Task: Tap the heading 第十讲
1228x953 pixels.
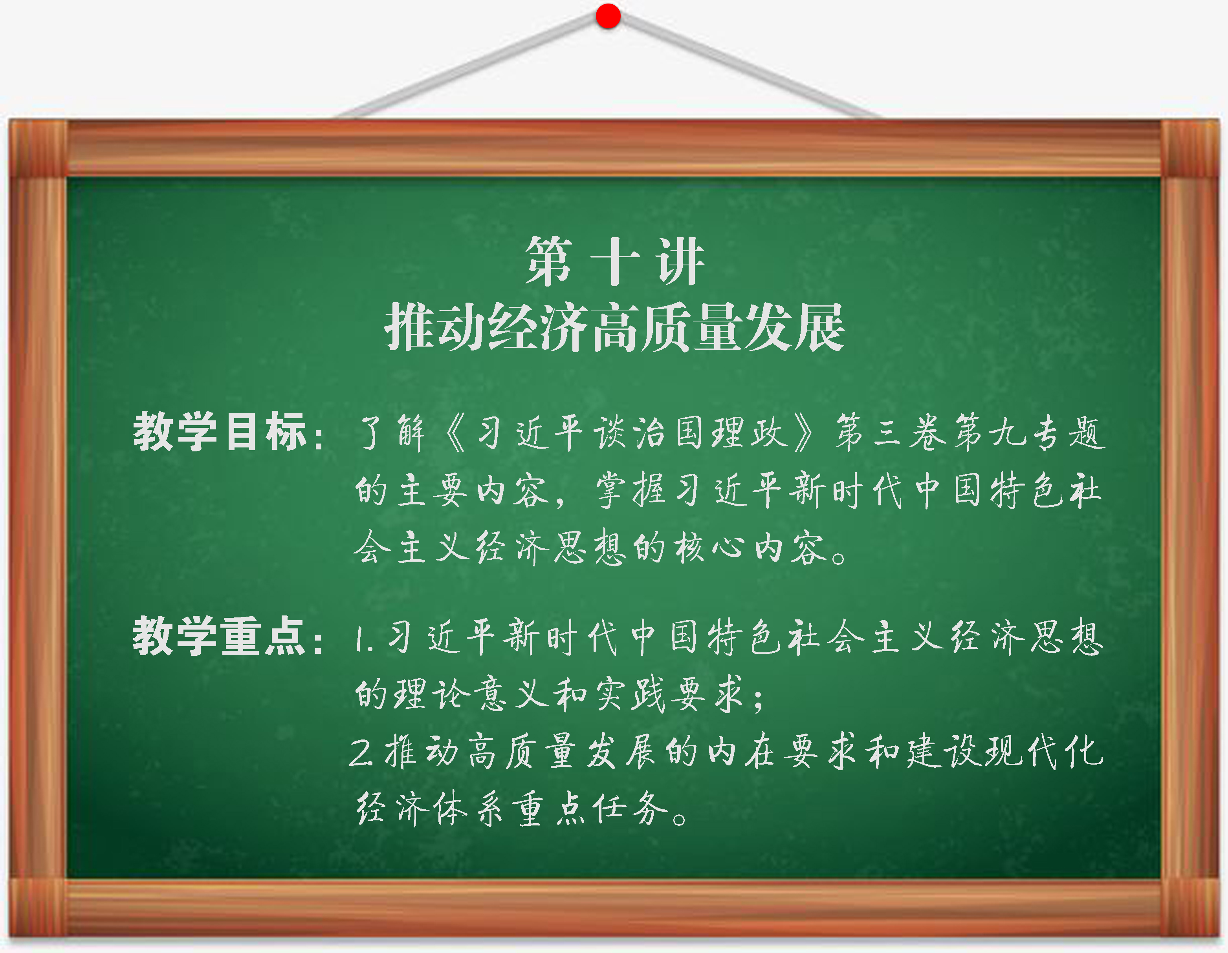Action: (x=614, y=261)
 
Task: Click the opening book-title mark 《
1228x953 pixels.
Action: (x=455, y=432)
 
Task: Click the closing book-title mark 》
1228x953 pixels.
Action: (x=805, y=432)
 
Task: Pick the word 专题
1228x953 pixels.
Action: (x=1067, y=432)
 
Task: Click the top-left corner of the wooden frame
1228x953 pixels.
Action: (x=9, y=120)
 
